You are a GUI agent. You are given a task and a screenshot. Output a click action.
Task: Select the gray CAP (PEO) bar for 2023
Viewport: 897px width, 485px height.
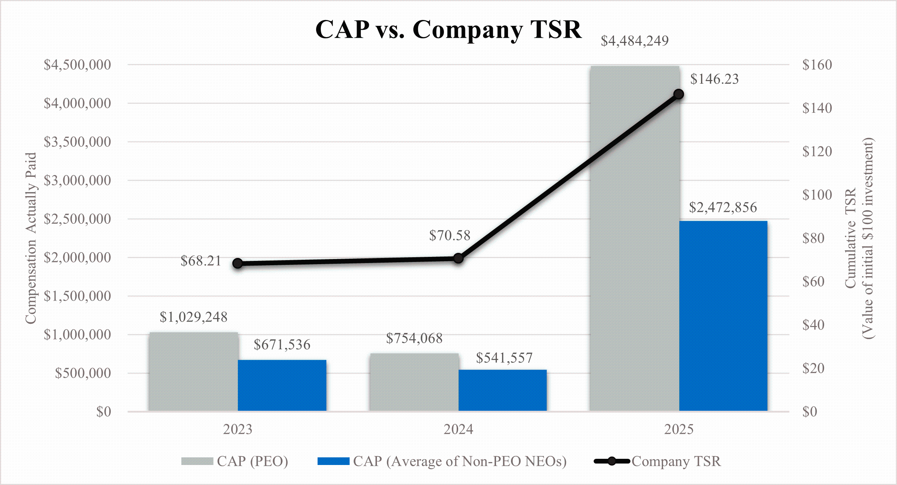193,371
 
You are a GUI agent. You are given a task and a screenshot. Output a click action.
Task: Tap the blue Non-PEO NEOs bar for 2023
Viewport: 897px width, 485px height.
282,385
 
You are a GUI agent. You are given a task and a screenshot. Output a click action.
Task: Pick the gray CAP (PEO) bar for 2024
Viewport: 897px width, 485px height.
414,382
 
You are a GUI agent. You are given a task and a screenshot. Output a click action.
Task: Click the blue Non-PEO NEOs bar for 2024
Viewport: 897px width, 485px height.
503,390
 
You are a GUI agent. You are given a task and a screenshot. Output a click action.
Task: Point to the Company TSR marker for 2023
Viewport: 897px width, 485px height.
237,263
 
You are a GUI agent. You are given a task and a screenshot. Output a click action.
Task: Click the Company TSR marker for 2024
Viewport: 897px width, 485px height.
459,258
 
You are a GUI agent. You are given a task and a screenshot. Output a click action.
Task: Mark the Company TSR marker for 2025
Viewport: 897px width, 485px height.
678,95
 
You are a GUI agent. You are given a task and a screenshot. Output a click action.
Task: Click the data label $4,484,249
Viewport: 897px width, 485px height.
634,41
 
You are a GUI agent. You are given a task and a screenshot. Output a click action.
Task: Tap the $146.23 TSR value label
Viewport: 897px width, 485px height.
714,79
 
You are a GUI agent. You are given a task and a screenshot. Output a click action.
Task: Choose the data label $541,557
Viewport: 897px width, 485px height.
504,358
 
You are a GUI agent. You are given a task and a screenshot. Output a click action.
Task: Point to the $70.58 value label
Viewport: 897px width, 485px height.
449,235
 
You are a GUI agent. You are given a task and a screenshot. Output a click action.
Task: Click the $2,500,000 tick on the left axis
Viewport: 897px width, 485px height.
77,219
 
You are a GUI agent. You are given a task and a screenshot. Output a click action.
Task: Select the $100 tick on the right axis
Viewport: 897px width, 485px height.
817,195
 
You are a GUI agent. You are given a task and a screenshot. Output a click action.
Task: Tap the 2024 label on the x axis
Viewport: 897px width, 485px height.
458,429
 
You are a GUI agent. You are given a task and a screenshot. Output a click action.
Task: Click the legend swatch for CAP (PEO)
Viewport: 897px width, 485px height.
197,461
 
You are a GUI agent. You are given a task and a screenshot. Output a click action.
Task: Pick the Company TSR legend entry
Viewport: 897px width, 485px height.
657,461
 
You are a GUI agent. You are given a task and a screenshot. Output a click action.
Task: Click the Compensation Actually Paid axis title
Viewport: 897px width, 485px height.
31,238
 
